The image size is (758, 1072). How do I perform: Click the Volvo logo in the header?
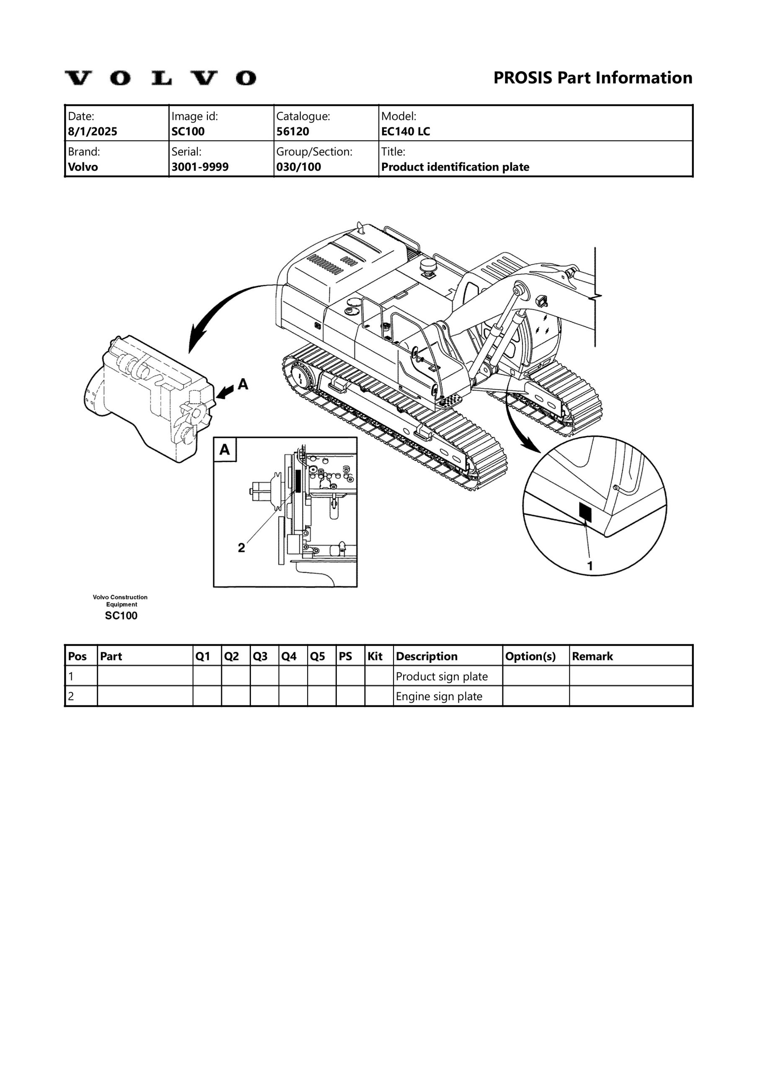(160, 78)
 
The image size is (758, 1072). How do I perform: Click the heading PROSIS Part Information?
(592, 77)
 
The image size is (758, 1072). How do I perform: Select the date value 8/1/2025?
(93, 131)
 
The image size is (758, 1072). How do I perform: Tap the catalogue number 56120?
(292, 131)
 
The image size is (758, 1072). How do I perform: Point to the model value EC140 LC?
(405, 131)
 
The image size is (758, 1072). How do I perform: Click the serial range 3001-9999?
(200, 167)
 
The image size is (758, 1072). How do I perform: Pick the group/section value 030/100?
(299, 167)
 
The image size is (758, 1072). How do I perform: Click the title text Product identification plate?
(455, 167)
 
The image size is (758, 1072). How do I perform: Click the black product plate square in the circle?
(585, 512)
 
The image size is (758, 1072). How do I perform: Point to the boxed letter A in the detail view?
(225, 450)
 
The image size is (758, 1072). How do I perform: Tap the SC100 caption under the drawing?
(121, 616)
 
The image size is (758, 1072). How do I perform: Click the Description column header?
(426, 657)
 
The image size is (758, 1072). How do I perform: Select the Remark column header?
(592, 657)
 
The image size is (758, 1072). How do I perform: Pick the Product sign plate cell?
(442, 677)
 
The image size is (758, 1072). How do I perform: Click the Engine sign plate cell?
(439, 697)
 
